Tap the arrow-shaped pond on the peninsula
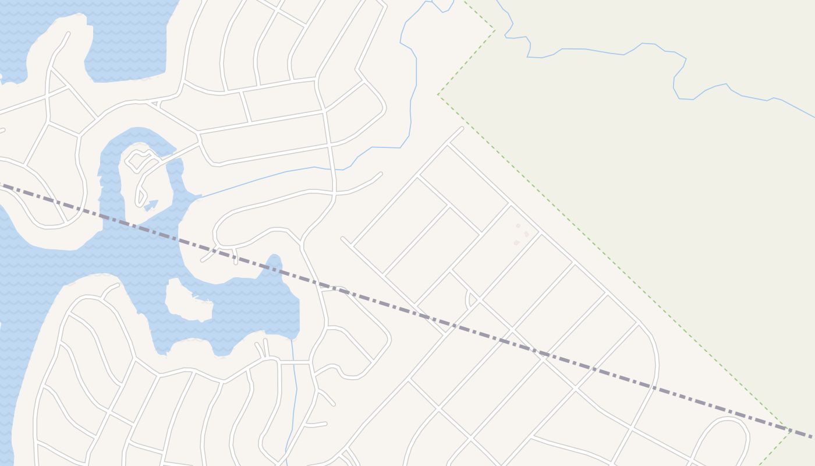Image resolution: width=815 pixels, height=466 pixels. pyautogui.click(x=151, y=204)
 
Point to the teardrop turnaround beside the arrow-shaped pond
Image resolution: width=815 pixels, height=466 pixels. pyautogui.click(x=141, y=197)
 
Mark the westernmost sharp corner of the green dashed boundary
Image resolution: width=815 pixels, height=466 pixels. pyautogui.click(x=438, y=95)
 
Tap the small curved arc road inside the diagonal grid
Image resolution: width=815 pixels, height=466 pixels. pyautogui.click(x=468, y=299)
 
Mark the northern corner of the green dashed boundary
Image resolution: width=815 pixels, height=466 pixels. pyautogui.click(x=494, y=29)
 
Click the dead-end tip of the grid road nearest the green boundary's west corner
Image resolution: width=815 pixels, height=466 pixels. pyautogui.click(x=462, y=129)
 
